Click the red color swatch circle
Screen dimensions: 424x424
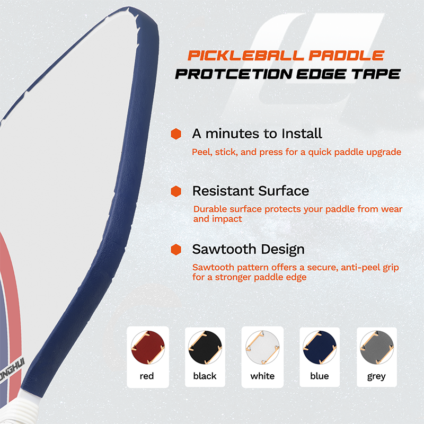pos(148,347)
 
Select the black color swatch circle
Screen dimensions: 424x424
pos(205,347)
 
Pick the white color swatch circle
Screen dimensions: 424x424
pos(262,347)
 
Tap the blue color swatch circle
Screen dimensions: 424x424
pos(320,347)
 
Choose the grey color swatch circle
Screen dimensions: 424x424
pos(377,347)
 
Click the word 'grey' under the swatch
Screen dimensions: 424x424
pos(376,376)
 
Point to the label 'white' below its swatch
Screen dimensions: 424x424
pos(262,376)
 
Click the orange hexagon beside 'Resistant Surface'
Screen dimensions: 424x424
pos(176,191)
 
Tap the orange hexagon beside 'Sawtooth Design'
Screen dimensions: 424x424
pos(176,249)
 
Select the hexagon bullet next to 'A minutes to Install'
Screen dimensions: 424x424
pos(176,134)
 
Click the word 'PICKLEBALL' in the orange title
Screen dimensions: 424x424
pos(245,56)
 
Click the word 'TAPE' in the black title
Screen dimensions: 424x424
pos(376,74)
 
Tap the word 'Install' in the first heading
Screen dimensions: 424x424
pos(302,134)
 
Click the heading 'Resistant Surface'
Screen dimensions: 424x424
pos(251,191)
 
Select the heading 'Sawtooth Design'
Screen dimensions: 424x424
pos(248,249)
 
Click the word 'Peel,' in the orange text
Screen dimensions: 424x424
pos(202,152)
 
